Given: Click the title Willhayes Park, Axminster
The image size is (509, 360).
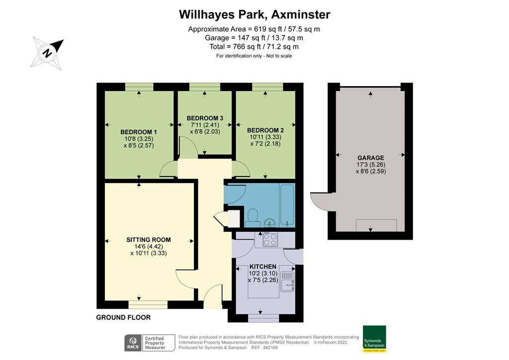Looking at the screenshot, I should point(254,14).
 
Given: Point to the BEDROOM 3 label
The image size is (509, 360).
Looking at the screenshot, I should point(204,118).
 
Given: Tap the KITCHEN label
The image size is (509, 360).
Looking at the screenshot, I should point(262,267).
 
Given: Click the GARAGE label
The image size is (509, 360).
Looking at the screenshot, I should point(371,158).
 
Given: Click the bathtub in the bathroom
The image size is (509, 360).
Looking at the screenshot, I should point(287,204).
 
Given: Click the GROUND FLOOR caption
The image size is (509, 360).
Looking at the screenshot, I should point(123,317).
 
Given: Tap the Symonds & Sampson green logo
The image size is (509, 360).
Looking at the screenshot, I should point(374,339).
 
